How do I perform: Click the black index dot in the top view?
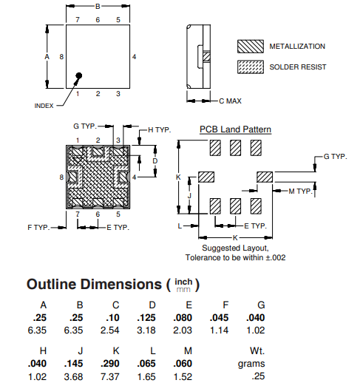tap(79, 75)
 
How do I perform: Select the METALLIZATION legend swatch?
tap(251, 47)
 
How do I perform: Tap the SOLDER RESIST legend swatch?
tap(251, 67)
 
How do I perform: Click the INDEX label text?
tap(44, 106)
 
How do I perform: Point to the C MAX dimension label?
tap(230, 101)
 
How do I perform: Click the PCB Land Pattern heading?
tap(235, 129)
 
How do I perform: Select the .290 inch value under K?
tap(110, 364)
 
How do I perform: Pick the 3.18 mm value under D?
tap(146, 331)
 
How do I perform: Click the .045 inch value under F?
tap(219, 318)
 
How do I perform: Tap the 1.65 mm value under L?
tap(146, 376)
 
